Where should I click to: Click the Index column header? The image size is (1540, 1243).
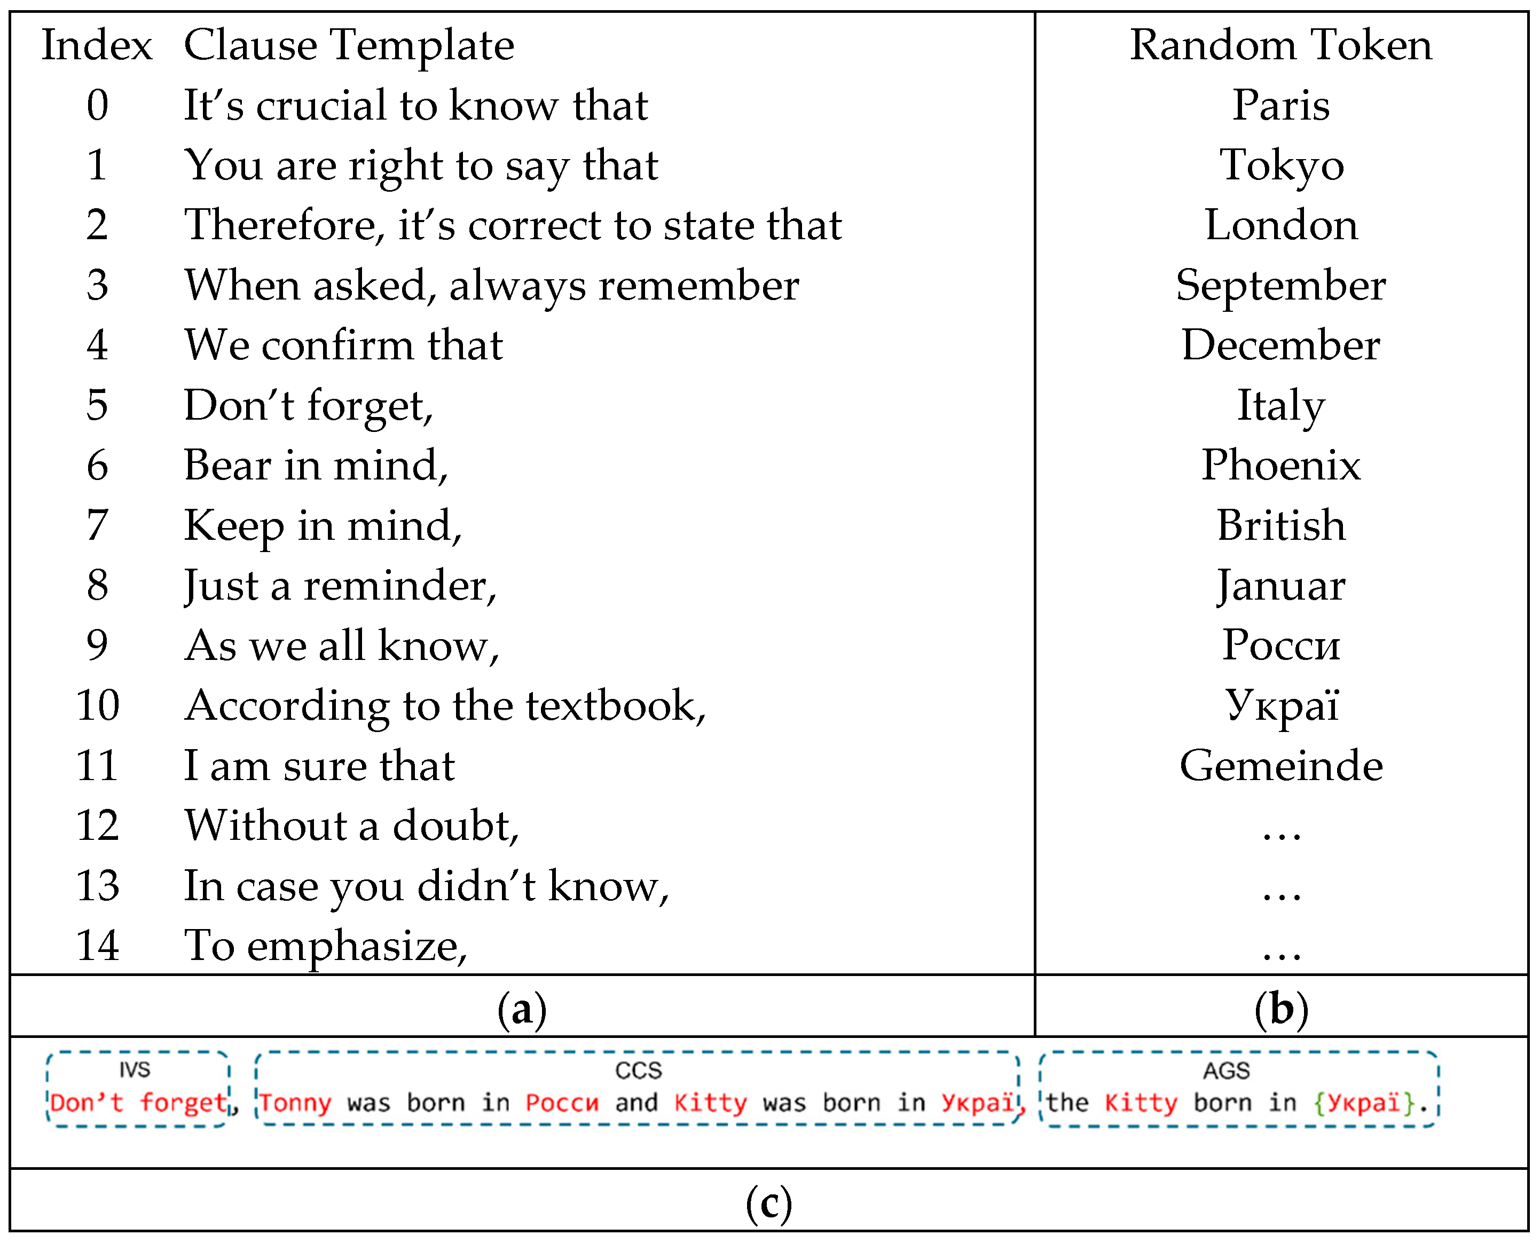tap(97, 45)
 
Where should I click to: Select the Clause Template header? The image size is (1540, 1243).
tap(349, 45)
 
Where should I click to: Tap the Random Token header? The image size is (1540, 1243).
tap(1281, 45)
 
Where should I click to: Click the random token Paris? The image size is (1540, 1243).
tap(1281, 105)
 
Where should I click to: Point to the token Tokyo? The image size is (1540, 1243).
tap(1281, 166)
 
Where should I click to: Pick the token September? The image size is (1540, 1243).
tap(1281, 286)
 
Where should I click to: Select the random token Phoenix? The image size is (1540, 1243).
tap(1281, 466)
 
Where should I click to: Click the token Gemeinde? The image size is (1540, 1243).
tap(1281, 766)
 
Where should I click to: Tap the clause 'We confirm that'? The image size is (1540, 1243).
tap(344, 345)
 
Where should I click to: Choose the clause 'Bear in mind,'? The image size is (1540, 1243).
tap(316, 466)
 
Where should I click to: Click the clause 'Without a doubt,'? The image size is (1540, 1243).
tap(351, 825)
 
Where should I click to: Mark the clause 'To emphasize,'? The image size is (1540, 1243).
tap(326, 946)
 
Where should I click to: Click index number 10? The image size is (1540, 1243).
tap(97, 705)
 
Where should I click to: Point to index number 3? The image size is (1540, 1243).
tap(97, 286)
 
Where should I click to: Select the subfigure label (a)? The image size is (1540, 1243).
tap(522, 1010)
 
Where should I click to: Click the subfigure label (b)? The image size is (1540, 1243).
tap(1281, 1010)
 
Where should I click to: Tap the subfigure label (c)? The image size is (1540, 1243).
tap(769, 1203)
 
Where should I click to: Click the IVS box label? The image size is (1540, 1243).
tap(135, 1069)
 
